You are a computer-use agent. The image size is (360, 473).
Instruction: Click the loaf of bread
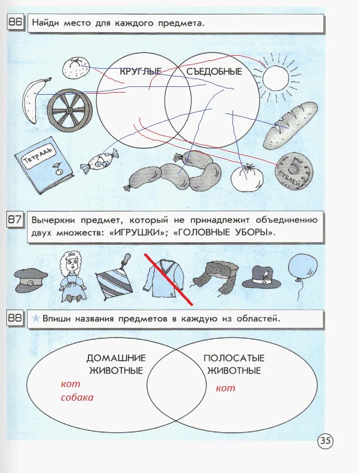(x=290, y=124)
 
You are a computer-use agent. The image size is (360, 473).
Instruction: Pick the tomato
(x=247, y=178)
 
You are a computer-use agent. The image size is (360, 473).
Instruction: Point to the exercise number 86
(x=15, y=22)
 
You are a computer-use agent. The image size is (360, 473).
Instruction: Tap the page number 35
(x=325, y=441)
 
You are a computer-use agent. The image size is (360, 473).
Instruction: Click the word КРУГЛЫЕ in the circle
(x=140, y=71)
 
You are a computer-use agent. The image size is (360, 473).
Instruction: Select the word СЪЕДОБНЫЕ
(x=214, y=71)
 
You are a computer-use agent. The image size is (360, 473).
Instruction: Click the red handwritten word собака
(x=77, y=397)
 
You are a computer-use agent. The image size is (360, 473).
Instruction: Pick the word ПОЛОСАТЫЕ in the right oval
(x=234, y=358)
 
